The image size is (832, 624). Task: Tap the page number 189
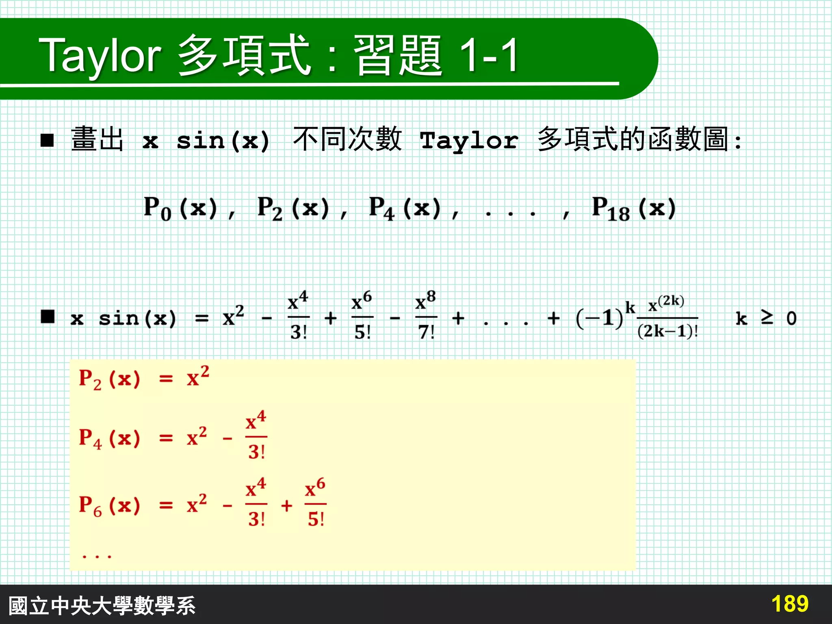coord(789,604)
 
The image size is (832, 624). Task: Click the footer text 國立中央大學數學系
coord(102,606)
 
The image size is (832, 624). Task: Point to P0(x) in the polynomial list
coord(180,209)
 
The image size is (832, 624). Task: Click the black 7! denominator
coord(426,333)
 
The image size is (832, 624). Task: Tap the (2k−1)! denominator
coord(667,331)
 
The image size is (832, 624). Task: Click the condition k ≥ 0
coord(766,318)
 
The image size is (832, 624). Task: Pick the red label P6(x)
coord(109,506)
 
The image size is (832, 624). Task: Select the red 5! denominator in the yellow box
coord(316,519)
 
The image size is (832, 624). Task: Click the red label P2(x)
coord(109,379)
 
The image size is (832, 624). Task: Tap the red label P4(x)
coord(109,439)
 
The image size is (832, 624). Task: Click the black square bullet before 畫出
coord(47,141)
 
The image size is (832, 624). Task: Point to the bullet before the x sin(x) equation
coord(48,316)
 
